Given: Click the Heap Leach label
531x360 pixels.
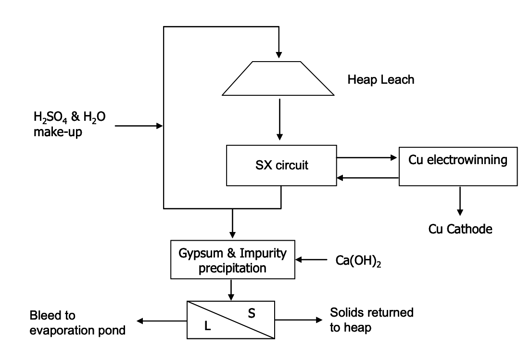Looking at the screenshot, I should [x=380, y=79].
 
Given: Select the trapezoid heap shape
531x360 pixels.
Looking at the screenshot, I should [x=278, y=78].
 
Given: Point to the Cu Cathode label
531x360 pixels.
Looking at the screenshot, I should [x=460, y=229].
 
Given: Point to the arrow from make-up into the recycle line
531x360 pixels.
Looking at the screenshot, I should [x=139, y=126].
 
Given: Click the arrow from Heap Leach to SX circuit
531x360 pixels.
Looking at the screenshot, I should [x=278, y=120].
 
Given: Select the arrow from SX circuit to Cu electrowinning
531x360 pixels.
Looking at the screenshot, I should [x=367, y=157].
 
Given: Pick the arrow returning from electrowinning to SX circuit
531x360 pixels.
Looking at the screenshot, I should [x=367, y=178].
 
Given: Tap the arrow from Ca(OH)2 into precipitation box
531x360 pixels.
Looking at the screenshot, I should [x=312, y=260].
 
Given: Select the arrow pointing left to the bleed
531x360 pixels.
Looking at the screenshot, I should [x=162, y=319].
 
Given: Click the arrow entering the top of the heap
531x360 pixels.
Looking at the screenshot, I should [x=278, y=48].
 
